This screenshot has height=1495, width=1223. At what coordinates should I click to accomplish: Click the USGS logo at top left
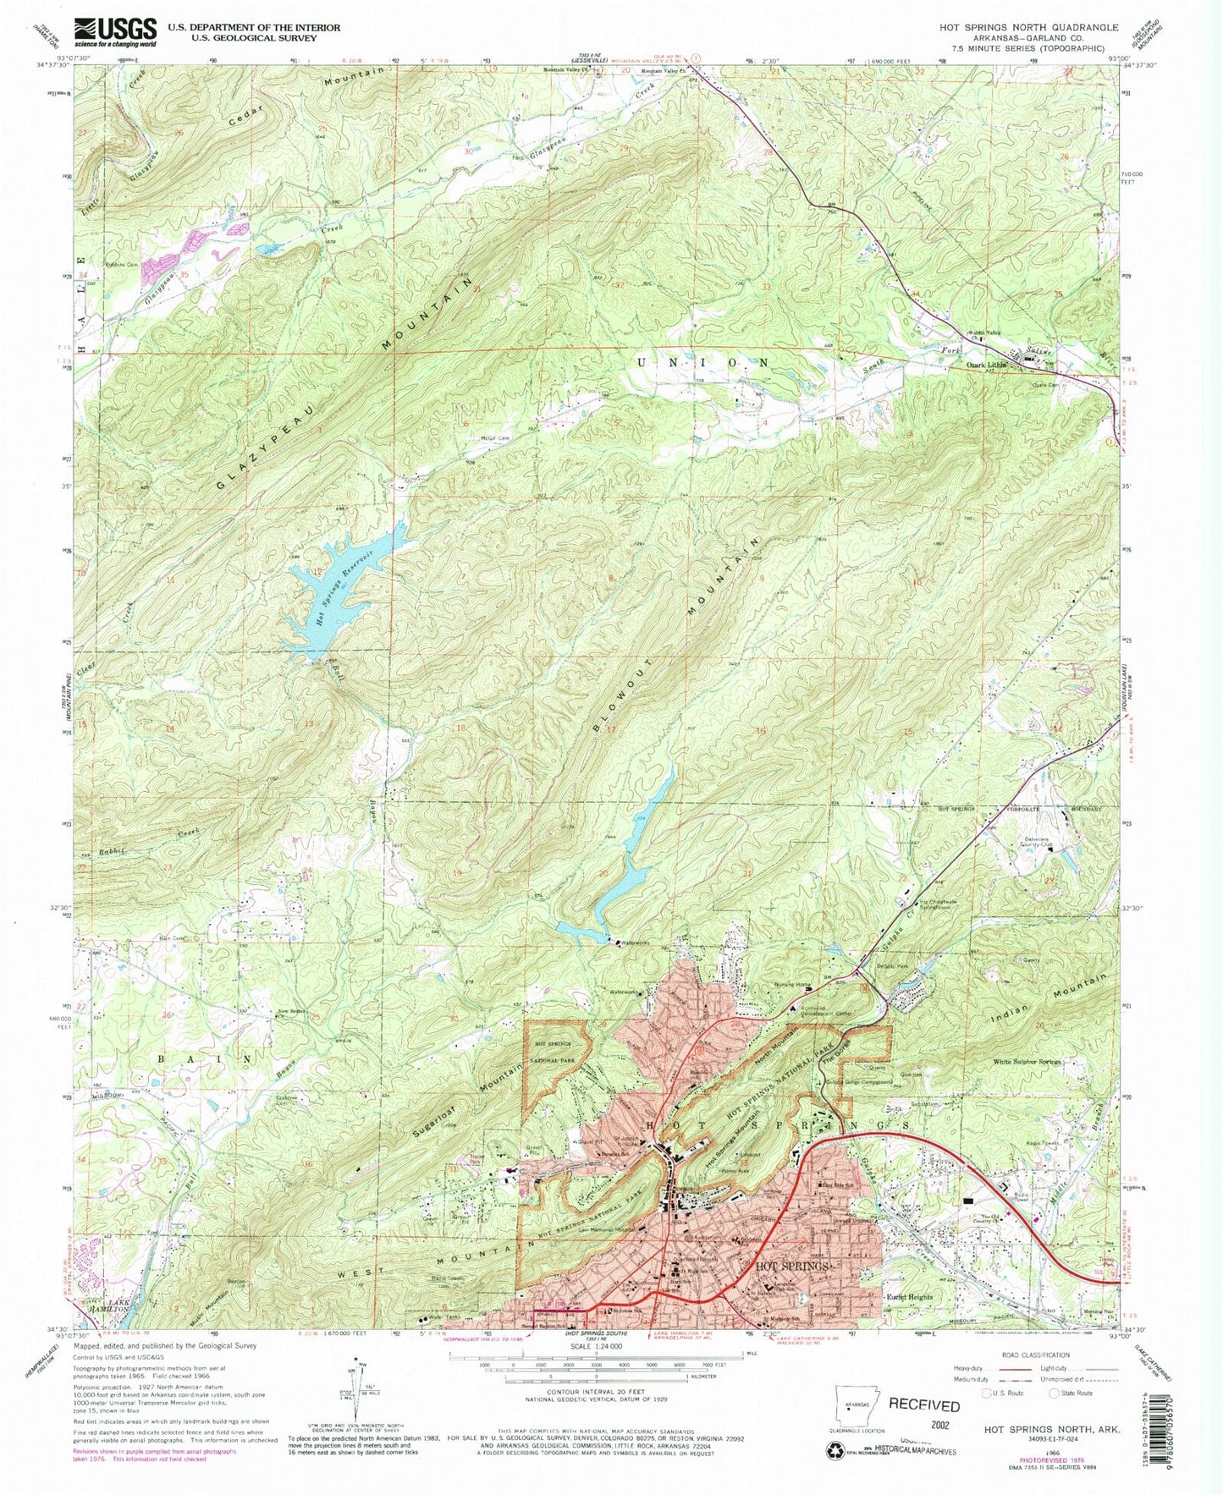point(115,32)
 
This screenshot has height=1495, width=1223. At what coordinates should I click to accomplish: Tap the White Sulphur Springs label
point(1027,1061)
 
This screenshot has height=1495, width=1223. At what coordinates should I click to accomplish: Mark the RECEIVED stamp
point(924,1405)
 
